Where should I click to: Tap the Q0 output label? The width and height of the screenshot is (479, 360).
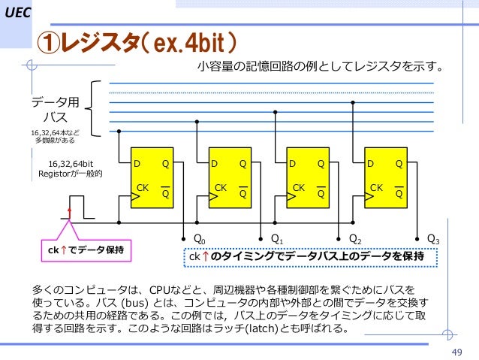200,239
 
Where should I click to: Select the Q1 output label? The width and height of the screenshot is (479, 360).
277,239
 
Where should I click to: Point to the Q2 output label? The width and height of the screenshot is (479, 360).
355,239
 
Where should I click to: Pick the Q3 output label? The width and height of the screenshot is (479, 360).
433,239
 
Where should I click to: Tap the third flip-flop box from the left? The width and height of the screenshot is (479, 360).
308,180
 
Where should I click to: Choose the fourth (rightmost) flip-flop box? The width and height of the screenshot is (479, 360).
386,180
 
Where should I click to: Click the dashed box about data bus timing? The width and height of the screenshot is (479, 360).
307,258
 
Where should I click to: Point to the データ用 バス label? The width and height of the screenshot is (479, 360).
55,110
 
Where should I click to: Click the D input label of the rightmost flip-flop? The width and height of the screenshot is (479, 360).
371,163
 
